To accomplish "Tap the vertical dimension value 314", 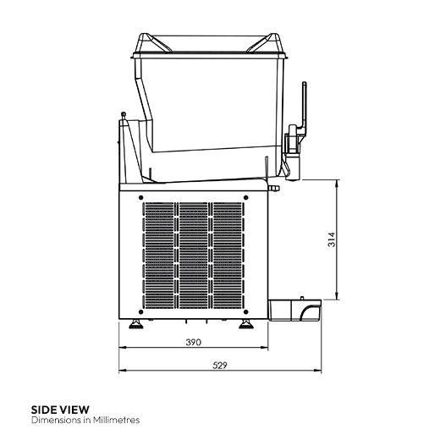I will coord(331,239).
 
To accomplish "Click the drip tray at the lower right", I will coord(297,311).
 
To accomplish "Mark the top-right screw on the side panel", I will coord(246,196).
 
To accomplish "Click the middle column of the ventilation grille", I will coord(192,254).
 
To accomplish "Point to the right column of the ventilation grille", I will coord(228,254).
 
